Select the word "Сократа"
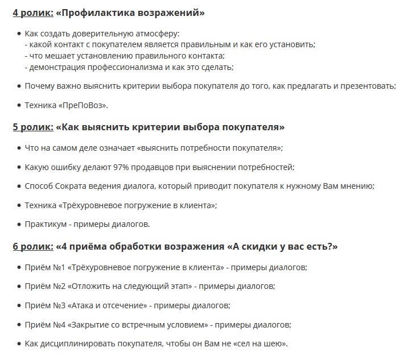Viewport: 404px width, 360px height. tap(75, 186)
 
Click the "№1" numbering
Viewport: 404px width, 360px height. tap(59, 267)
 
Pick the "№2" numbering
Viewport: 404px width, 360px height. tap(59, 286)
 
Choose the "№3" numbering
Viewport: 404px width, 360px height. tap(59, 305)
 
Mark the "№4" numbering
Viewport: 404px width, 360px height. tap(59, 325)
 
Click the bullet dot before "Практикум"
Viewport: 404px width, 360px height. tap(19, 224)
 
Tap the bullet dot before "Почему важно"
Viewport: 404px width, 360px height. tap(19, 86)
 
